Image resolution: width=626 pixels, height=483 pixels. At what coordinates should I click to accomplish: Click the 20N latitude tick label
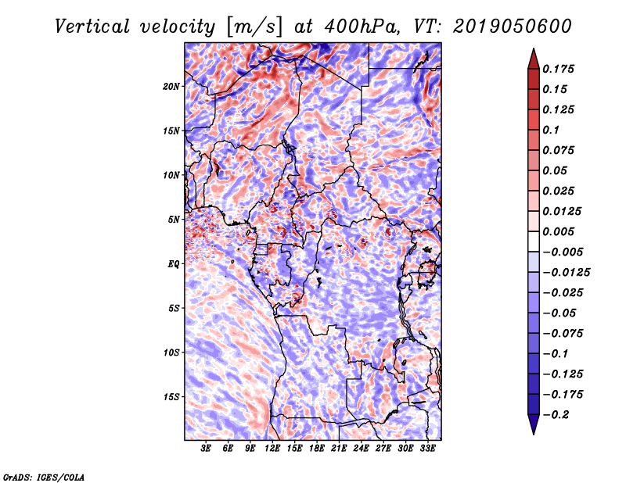[171, 86]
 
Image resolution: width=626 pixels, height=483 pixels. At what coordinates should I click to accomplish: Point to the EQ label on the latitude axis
[174, 263]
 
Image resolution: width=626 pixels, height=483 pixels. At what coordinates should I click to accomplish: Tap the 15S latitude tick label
[171, 396]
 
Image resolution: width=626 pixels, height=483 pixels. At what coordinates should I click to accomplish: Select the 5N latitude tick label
[174, 220]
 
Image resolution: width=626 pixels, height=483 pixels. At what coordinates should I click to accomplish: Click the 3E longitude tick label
[207, 449]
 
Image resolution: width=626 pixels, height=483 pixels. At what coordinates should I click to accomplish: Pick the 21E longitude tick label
[340, 449]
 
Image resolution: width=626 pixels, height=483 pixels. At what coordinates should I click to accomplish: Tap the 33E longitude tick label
[428, 449]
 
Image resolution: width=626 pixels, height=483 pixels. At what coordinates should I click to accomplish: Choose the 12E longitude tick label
[273, 449]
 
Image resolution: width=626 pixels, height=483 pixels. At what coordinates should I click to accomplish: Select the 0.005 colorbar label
[561, 231]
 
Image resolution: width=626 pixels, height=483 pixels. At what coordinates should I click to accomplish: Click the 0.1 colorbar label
[553, 130]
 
